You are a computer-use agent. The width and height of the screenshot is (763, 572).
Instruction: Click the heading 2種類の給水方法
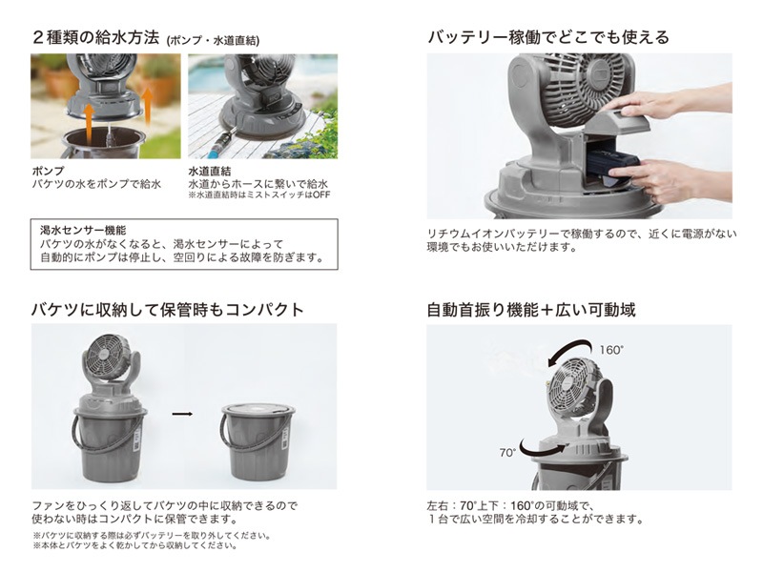(96, 37)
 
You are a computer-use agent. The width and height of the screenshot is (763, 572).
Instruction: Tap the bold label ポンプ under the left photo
(48, 172)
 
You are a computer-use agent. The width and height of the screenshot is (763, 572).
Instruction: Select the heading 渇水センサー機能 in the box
(83, 230)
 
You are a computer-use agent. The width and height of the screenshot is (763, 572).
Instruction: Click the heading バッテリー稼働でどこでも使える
(548, 37)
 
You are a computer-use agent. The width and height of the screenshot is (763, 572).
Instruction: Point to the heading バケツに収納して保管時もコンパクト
(168, 310)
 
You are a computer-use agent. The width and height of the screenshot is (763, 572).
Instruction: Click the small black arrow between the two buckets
(182, 414)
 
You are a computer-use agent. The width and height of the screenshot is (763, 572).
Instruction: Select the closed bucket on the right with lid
(258, 441)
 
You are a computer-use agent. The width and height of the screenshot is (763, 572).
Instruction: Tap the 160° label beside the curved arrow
(611, 350)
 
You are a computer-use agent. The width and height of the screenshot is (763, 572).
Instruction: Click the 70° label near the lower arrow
(507, 453)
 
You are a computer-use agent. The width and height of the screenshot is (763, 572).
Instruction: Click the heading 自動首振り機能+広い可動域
(531, 310)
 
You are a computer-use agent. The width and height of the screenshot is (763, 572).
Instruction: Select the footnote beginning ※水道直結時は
(258, 195)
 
